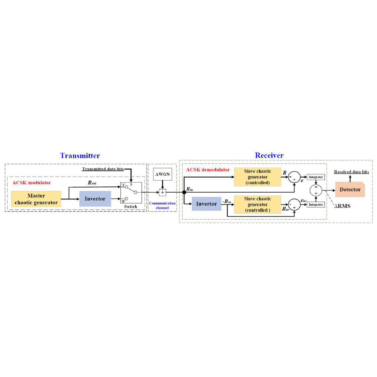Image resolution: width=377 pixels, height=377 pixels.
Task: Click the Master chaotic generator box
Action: (x=36, y=199)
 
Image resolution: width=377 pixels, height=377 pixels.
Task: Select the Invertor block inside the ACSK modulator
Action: (x=95, y=199)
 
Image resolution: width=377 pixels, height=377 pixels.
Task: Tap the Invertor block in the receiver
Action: (x=206, y=204)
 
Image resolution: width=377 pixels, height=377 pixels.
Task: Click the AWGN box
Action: (x=162, y=174)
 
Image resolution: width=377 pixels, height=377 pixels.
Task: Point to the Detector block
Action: (x=350, y=189)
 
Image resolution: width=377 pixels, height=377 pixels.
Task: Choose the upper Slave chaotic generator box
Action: (x=257, y=177)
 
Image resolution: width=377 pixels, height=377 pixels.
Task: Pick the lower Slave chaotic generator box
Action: (x=257, y=204)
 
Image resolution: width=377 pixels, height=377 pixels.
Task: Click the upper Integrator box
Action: (x=316, y=177)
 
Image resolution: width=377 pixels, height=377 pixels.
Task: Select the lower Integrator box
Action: (x=316, y=205)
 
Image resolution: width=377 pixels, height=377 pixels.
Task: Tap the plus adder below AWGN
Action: (x=162, y=192)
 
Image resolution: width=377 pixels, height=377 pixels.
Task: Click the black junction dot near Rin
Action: (x=184, y=192)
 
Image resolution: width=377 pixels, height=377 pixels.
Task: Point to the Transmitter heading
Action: (x=80, y=155)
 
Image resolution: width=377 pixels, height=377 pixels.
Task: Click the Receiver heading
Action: (x=269, y=155)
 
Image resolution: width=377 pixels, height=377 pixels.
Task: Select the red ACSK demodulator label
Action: (x=208, y=170)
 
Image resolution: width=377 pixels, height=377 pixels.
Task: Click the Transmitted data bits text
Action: (x=103, y=168)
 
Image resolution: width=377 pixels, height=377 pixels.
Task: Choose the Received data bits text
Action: (x=351, y=172)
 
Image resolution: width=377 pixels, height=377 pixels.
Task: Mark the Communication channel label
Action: (x=162, y=205)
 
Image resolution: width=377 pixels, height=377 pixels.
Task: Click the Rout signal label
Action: (x=92, y=183)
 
